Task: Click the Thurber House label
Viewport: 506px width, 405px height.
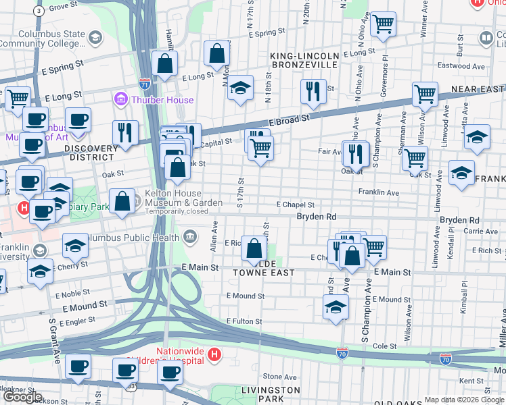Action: pos(162,100)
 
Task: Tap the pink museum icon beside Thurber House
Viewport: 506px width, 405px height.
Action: pos(122,100)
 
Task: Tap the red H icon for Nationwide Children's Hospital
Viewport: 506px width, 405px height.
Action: pos(214,354)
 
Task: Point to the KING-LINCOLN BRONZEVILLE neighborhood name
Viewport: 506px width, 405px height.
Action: pos(304,60)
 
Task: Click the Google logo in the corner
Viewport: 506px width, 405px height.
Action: pos(22,397)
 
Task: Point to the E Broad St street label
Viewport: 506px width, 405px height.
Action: pos(289,117)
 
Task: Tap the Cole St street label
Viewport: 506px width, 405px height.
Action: pos(384,346)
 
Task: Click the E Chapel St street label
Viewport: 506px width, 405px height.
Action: pos(295,205)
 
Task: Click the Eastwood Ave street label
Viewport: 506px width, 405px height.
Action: pos(461,66)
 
